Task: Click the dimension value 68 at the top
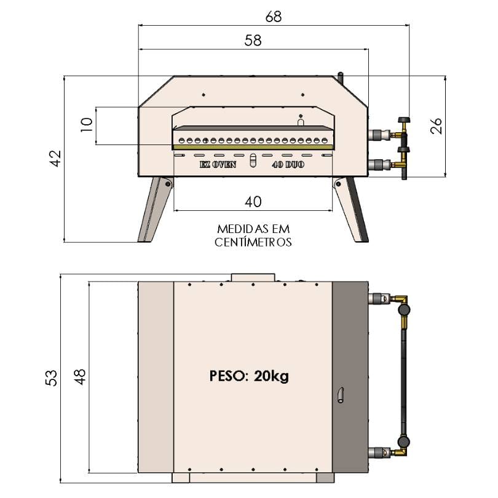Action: pos(274,17)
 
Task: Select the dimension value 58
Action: pos(253,41)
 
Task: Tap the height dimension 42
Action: pos(56,158)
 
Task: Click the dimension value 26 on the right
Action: pos(435,125)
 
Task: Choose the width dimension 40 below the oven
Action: pos(253,201)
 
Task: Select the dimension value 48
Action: pos(80,376)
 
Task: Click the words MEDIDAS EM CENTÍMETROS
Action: pos(253,235)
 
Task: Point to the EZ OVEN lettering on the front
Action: pos(218,165)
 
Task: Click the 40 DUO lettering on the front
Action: pos(288,165)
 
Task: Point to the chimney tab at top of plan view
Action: pos(253,277)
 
